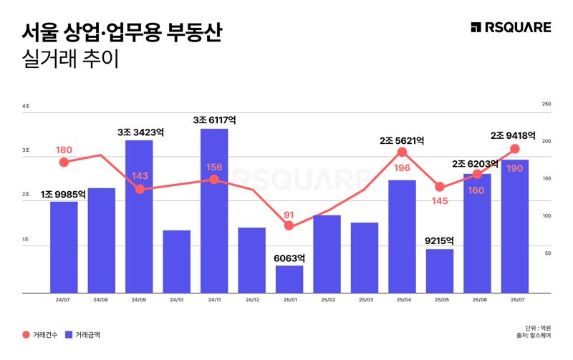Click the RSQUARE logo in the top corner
pyautogui.click(x=511, y=27)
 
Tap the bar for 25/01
pyautogui.click(x=289, y=279)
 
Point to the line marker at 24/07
pyautogui.click(x=64, y=162)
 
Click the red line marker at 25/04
pyautogui.click(x=402, y=152)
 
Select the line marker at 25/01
pyautogui.click(x=289, y=225)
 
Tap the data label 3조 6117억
pyautogui.click(x=214, y=120)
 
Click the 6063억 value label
pyautogui.click(x=289, y=258)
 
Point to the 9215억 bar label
pyautogui.click(x=439, y=241)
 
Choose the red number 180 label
pyautogui.click(x=64, y=150)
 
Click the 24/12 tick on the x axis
pyautogui.click(x=252, y=299)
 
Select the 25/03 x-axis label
pyautogui.click(x=365, y=299)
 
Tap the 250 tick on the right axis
pyautogui.click(x=546, y=104)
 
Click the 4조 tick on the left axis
pyautogui.click(x=27, y=106)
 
